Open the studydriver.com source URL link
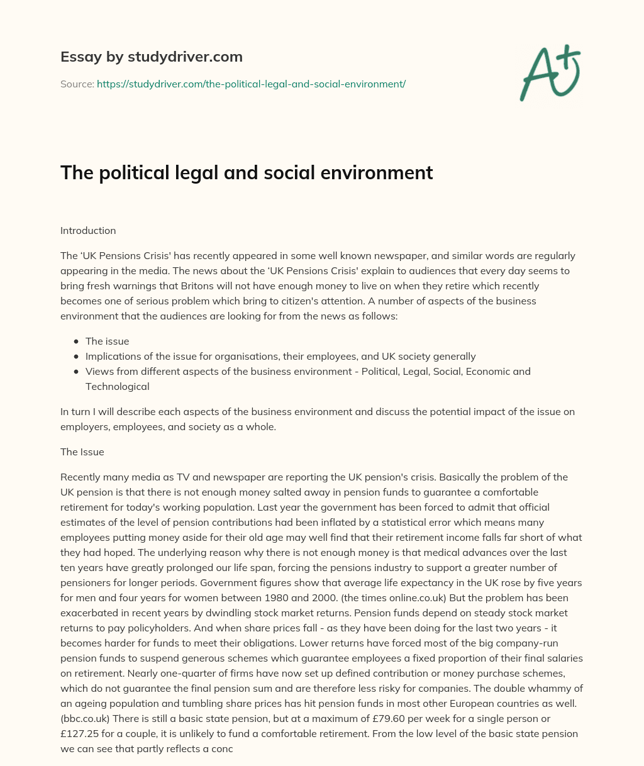[251, 84]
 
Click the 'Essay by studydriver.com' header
[151, 57]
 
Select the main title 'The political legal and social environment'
[247, 172]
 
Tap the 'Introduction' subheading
[88, 230]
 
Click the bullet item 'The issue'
[107, 341]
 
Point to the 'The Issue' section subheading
[82, 452]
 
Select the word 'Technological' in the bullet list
[117, 386]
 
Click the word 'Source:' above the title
[77, 84]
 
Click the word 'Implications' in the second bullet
[113, 356]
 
